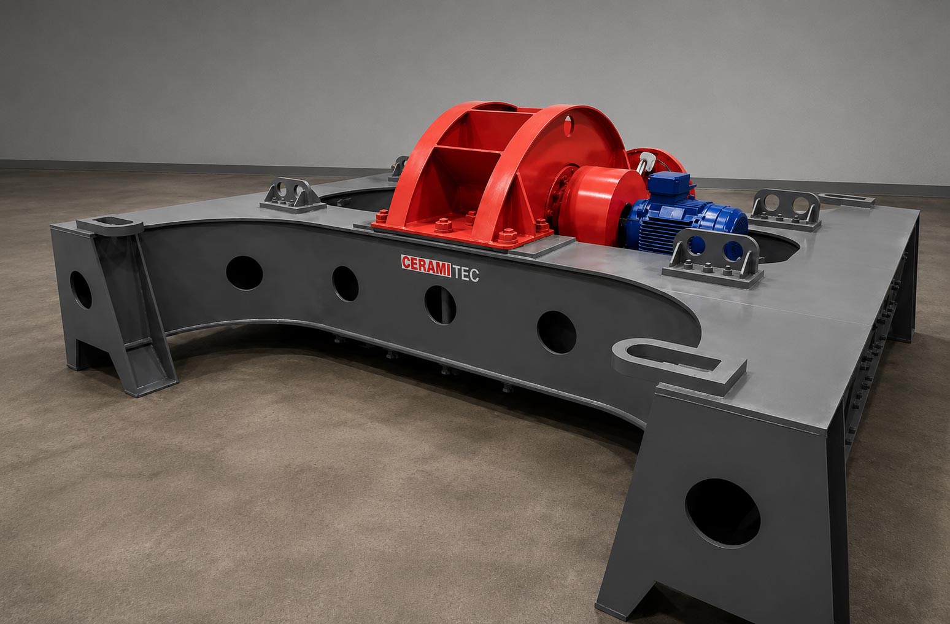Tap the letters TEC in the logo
pos(466,273)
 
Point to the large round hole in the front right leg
pos(723,512)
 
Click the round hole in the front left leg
pos(80,290)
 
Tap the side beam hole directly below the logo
pos(440,305)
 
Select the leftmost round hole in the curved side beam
pos(244,273)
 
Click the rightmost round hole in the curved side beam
pos(557,332)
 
